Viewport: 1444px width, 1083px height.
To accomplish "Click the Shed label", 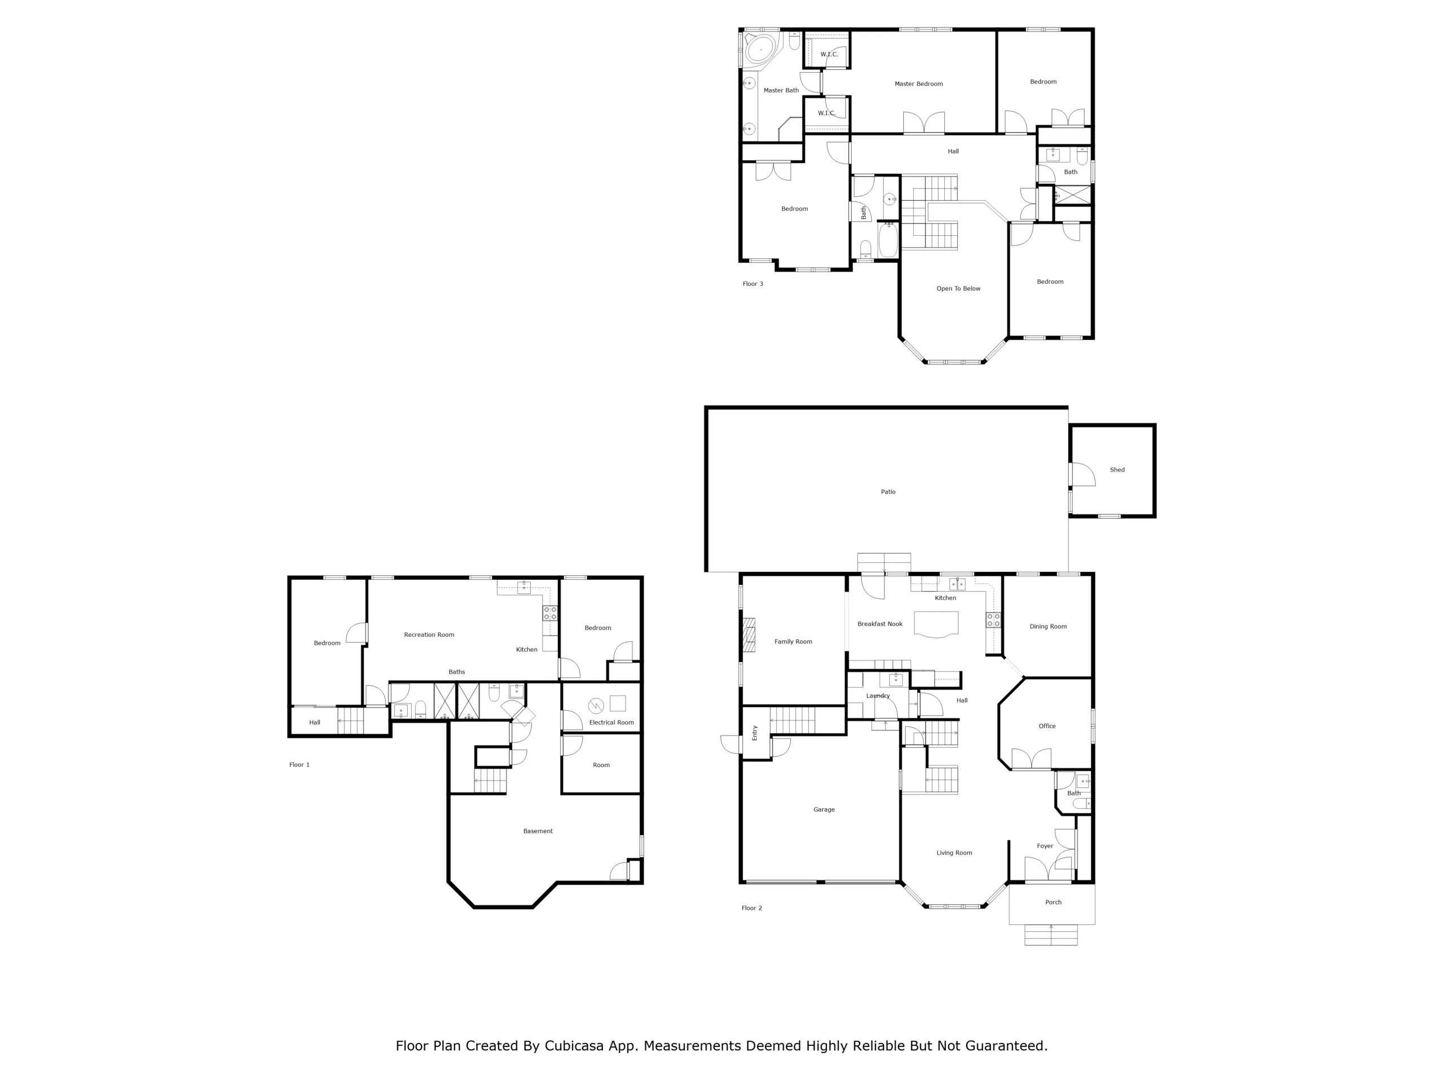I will tap(1117, 469).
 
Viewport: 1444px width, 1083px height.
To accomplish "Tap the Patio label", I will tap(888, 491).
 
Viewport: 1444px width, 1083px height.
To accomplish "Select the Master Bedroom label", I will tap(918, 83).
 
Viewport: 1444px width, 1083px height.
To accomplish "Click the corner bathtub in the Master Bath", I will tap(760, 49).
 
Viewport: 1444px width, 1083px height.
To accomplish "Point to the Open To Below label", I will tap(958, 289).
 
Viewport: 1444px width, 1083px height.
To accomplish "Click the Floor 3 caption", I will tap(752, 284).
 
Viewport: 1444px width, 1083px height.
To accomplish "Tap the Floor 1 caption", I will tap(299, 764).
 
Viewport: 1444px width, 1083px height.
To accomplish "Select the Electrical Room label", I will tap(611, 722).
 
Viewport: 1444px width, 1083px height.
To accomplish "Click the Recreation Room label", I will tap(429, 635).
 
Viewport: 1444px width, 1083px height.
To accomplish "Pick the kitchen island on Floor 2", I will tap(936, 623).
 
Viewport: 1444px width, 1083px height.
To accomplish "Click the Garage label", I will tap(824, 809).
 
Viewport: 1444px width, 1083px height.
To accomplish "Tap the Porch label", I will tap(1053, 902).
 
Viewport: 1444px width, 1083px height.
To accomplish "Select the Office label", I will tap(1046, 726).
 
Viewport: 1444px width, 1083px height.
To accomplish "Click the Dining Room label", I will tap(1048, 626).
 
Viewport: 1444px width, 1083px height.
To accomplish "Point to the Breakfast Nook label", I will tap(880, 624).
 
